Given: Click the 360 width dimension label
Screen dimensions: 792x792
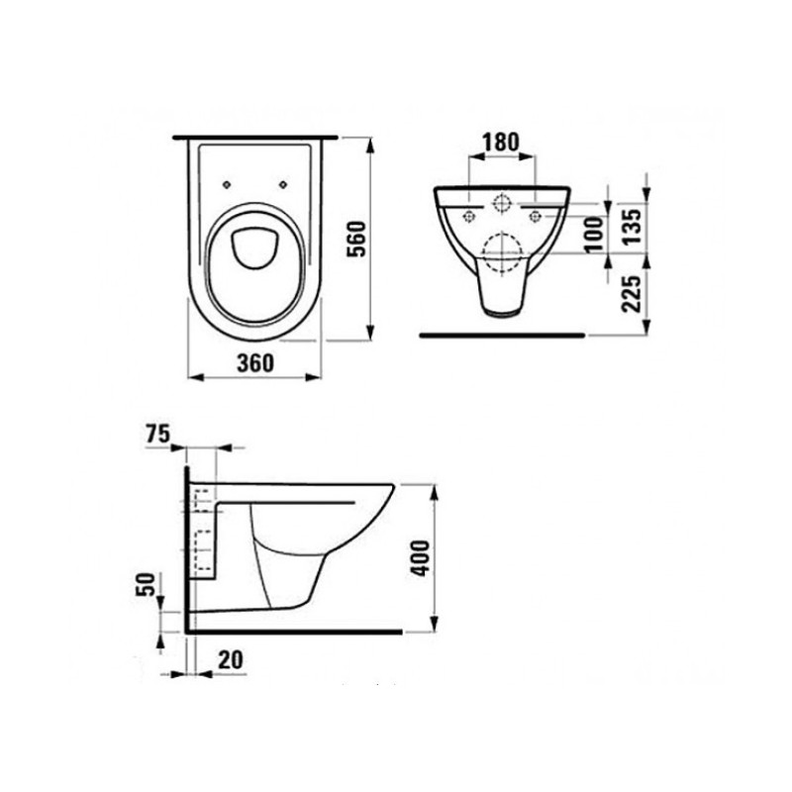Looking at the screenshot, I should pos(255,363).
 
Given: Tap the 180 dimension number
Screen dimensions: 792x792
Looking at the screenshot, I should pos(502,142).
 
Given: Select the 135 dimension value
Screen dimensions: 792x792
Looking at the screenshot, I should pos(632,224).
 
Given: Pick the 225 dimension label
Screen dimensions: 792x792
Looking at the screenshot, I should pos(632,293).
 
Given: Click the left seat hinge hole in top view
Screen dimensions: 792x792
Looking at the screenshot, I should pos(228,183).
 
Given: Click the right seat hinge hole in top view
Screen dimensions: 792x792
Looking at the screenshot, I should pos(286,183).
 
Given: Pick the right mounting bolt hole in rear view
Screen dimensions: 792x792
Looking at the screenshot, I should pos(536,214).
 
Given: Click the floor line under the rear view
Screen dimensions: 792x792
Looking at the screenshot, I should pos(502,335).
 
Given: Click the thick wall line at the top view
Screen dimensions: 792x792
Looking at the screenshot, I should pos(255,134).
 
